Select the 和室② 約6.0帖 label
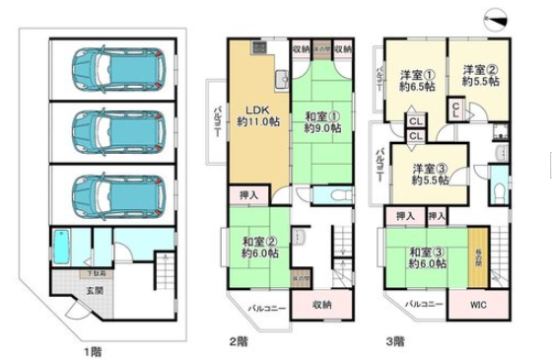257,246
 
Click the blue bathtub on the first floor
60,247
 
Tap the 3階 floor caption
394,342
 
